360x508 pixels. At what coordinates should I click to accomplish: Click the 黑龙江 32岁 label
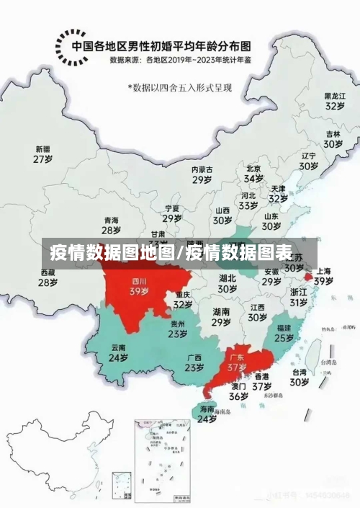pyautogui.click(x=334, y=100)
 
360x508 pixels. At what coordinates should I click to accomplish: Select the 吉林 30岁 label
pyautogui.click(x=333, y=139)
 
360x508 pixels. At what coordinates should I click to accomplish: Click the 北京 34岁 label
pyautogui.click(x=253, y=174)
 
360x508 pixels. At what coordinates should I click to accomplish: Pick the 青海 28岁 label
pyautogui.click(x=111, y=226)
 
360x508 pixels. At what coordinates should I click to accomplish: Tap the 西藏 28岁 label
pyautogui.click(x=48, y=277)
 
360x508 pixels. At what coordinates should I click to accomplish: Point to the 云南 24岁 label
pyautogui.click(x=119, y=352)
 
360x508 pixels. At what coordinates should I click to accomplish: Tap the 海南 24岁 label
pyautogui.click(x=207, y=414)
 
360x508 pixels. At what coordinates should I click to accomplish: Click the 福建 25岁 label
pyautogui.click(x=284, y=332)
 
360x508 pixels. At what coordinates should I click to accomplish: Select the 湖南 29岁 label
pyautogui.click(x=221, y=317)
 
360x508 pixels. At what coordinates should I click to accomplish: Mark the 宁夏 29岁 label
pyautogui.click(x=171, y=213)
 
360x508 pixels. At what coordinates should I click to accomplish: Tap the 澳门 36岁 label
pyautogui.click(x=239, y=391)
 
